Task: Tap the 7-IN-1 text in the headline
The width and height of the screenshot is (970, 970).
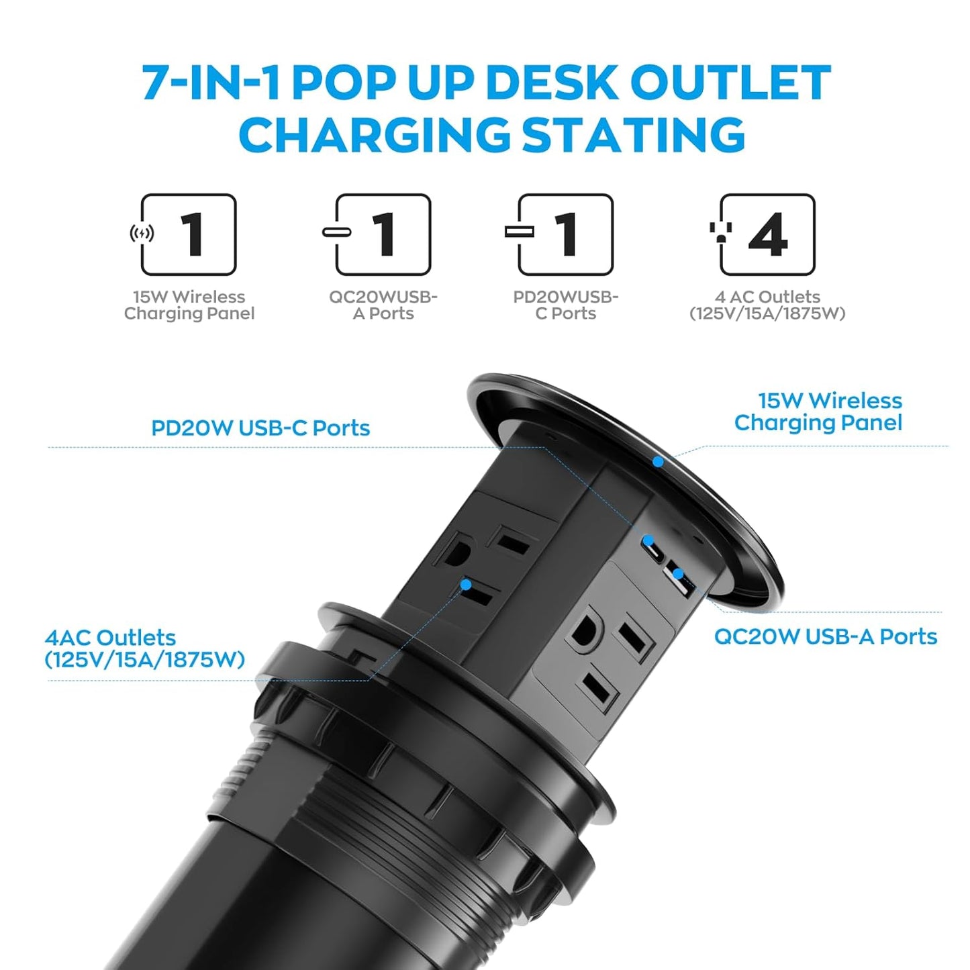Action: coord(210,83)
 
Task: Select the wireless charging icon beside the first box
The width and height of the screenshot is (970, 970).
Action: coord(142,233)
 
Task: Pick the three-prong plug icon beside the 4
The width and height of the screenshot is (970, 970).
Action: coord(720,232)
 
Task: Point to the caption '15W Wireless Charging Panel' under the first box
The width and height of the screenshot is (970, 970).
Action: coord(189,305)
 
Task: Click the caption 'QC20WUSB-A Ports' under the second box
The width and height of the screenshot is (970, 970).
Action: coord(383,305)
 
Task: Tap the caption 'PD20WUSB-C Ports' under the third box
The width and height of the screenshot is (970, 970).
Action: coord(565,305)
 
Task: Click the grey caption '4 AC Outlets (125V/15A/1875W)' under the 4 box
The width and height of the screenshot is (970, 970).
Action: coord(767,305)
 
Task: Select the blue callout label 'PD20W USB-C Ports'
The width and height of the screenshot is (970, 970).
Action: coord(260,428)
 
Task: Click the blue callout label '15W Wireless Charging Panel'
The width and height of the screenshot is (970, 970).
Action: coord(818,411)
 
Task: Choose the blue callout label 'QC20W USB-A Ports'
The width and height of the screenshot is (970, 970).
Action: coord(825,636)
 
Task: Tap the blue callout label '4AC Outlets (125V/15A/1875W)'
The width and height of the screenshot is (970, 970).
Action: coord(144,648)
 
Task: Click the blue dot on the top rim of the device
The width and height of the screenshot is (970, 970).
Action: coord(658,462)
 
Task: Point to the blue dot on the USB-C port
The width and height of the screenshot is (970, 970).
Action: coord(649,540)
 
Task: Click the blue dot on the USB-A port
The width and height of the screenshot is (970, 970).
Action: coord(678,574)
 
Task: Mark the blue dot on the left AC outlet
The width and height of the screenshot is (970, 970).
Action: coord(465,585)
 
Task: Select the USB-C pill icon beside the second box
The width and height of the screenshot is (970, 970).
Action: coord(336,232)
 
